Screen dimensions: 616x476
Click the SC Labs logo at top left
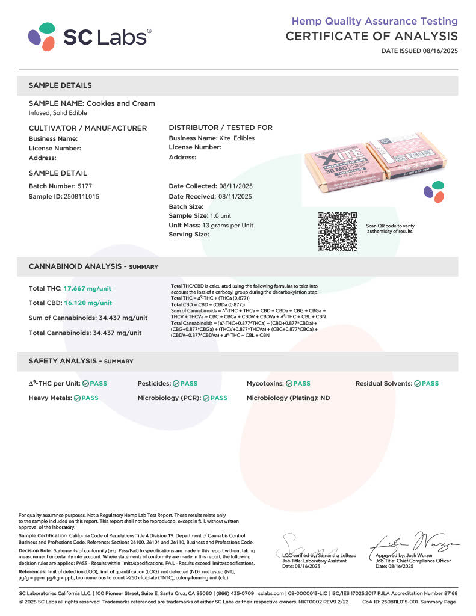[x=89, y=37]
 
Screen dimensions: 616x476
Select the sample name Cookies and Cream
[x=121, y=103]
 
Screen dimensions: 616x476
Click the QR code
[x=337, y=232]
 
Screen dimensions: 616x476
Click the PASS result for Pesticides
[x=185, y=383]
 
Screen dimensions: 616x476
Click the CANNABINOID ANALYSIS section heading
[x=93, y=266]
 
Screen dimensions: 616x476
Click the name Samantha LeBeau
[x=339, y=555]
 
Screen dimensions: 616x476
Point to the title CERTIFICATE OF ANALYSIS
[x=371, y=37]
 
